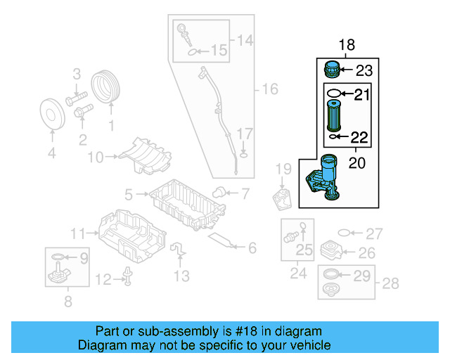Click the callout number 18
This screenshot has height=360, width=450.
coord(347,46)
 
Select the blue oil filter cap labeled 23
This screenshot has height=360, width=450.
coord(331,70)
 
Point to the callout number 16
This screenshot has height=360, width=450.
coord(270,89)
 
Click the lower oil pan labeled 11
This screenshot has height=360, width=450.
coord(130,234)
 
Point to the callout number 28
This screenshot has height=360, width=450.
coord(390,283)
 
